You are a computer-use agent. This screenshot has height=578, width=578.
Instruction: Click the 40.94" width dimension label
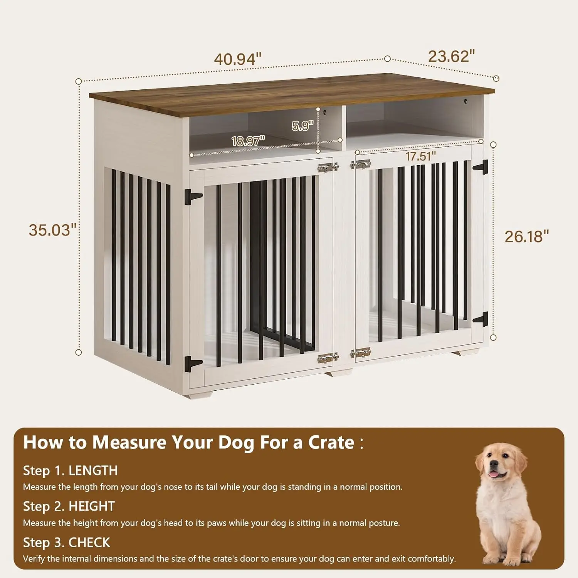[x=238, y=59]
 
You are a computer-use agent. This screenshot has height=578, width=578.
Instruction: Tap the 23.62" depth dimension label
[x=451, y=56]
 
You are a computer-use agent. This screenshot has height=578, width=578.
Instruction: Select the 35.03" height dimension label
[x=52, y=230]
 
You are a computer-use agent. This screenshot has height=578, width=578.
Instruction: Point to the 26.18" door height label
[x=526, y=237]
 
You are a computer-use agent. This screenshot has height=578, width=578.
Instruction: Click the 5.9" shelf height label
[x=302, y=126]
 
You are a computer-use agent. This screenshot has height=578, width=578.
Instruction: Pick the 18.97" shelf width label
[x=248, y=141]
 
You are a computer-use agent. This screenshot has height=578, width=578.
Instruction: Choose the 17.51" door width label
[x=421, y=156]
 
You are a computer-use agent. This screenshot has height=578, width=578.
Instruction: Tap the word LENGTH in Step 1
[x=93, y=470]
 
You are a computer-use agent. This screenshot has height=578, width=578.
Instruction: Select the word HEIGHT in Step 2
[x=92, y=506]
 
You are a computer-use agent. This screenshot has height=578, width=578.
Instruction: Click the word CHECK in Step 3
[x=89, y=543]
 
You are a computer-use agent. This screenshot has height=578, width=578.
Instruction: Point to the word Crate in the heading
[x=331, y=442]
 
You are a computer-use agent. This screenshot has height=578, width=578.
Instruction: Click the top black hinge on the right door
[x=481, y=167]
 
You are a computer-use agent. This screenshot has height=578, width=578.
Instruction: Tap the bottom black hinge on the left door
[x=193, y=363]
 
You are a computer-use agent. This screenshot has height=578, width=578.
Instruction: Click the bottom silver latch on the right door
[x=360, y=353]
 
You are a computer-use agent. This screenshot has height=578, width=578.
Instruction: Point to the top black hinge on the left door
[x=193, y=197]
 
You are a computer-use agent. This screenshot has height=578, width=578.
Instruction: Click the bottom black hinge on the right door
[x=481, y=319]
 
